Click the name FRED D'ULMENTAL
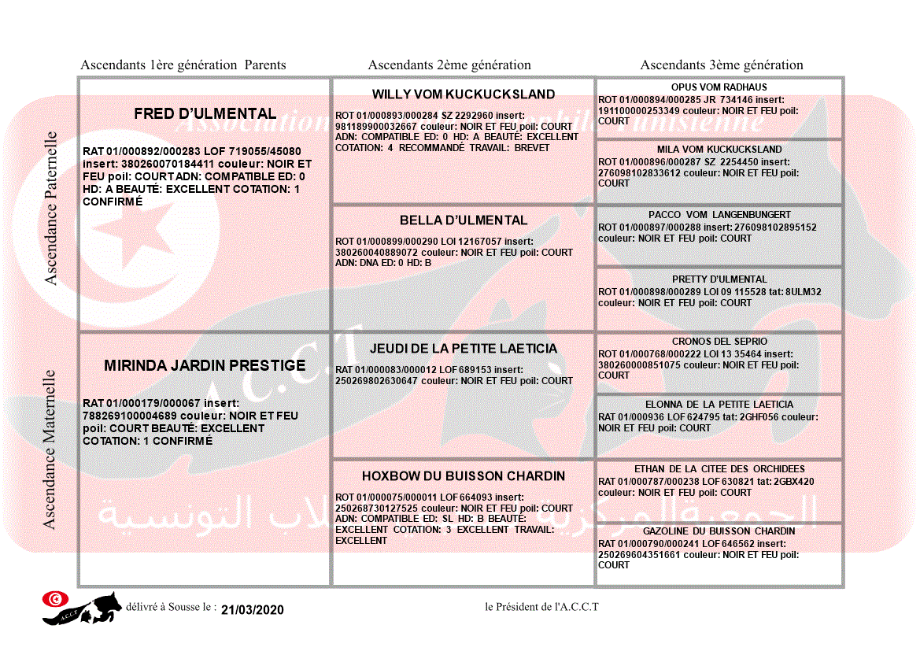click(205, 114)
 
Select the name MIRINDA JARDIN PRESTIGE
click(205, 365)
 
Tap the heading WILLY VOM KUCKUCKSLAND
click(464, 94)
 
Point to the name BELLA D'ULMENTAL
click(464, 220)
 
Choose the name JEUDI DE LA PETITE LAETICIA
click(464, 349)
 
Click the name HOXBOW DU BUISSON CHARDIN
click(464, 476)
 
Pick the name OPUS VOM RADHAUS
click(719, 87)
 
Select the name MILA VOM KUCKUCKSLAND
click(719, 150)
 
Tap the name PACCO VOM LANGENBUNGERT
click(719, 215)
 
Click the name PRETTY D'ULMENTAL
click(719, 279)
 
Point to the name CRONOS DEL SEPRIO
click(719, 342)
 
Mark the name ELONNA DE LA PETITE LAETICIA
click(719, 405)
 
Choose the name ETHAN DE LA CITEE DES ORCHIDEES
click(719, 469)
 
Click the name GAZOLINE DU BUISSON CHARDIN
click(719, 531)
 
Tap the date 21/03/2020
click(252, 610)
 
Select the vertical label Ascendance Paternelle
click(51, 209)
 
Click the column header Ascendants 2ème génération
click(449, 65)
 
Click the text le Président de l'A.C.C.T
click(542, 607)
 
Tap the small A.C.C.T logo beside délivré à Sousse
click(82, 608)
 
